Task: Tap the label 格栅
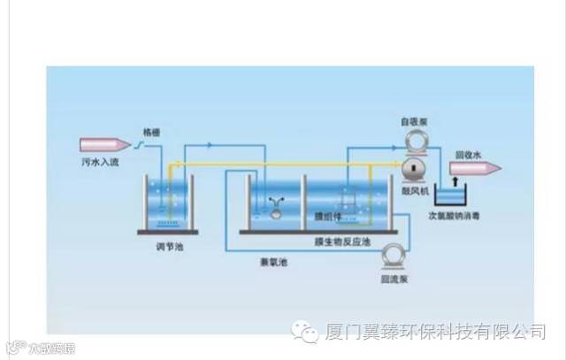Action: click(x=150, y=133)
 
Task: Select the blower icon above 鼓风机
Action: click(x=414, y=170)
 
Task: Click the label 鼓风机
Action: click(x=414, y=189)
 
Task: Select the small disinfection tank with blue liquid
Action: click(x=455, y=195)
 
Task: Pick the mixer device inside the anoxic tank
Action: click(x=276, y=209)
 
